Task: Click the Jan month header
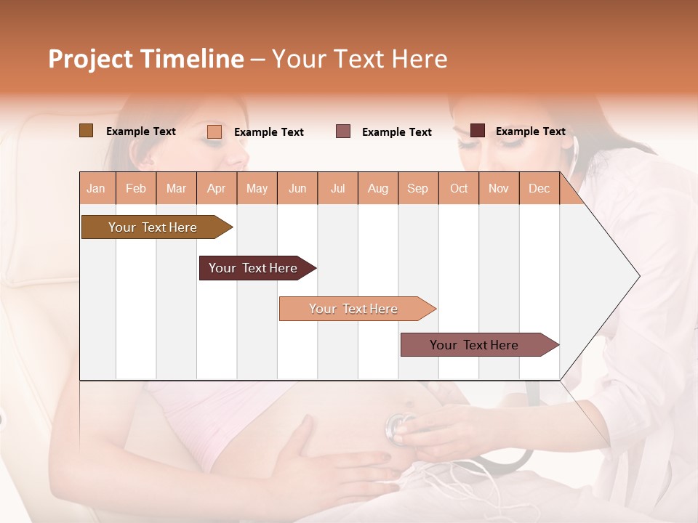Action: click(x=96, y=188)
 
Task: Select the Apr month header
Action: click(x=217, y=188)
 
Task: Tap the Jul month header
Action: click(x=337, y=188)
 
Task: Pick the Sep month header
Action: click(x=417, y=188)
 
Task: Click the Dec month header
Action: click(x=539, y=188)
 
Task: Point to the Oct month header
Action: click(x=459, y=188)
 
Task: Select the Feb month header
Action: click(x=136, y=188)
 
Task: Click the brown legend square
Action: click(x=87, y=131)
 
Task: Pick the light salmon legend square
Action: click(x=214, y=131)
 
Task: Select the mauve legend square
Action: click(x=343, y=131)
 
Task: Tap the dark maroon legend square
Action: click(x=478, y=131)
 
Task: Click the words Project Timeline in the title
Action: click(x=145, y=59)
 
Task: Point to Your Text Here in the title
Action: click(x=359, y=59)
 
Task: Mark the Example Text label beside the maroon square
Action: click(x=530, y=131)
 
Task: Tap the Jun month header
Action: click(x=297, y=188)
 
